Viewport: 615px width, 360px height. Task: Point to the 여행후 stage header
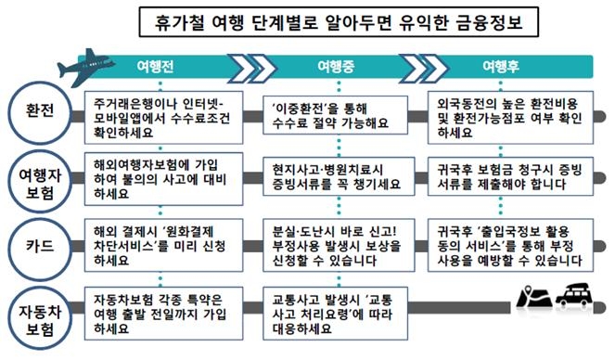click(x=506, y=68)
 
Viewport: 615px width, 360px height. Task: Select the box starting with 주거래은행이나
click(x=160, y=114)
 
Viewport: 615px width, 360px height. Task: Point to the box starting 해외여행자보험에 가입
click(x=160, y=178)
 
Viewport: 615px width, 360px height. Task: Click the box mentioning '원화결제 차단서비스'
click(x=160, y=247)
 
